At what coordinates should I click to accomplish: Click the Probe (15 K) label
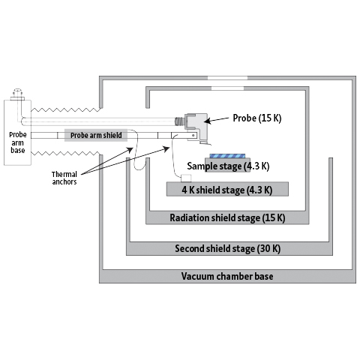[257, 118]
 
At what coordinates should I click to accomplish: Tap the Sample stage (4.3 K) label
[228, 166]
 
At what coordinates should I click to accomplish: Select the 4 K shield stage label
[227, 190]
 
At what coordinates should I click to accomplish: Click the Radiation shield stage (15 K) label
[227, 217]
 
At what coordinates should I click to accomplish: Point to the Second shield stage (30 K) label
[227, 249]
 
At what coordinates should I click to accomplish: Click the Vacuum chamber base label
[227, 276]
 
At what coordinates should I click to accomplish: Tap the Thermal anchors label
[64, 178]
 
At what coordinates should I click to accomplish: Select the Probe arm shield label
[96, 135]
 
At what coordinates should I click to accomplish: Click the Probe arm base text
[18, 142]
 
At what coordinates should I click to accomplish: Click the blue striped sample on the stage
[227, 156]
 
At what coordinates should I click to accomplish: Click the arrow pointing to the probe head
[217, 120]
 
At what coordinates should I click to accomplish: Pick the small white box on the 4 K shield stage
[186, 178]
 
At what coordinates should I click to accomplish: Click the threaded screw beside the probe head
[180, 121]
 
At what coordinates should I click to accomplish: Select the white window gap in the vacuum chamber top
[227, 78]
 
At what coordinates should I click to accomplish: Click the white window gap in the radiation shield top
[227, 88]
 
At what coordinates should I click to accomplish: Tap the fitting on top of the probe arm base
[17, 94]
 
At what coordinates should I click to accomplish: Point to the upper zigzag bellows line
[65, 109]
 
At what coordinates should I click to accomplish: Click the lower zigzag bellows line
[65, 153]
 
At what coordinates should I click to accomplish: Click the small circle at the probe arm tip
[193, 135]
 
